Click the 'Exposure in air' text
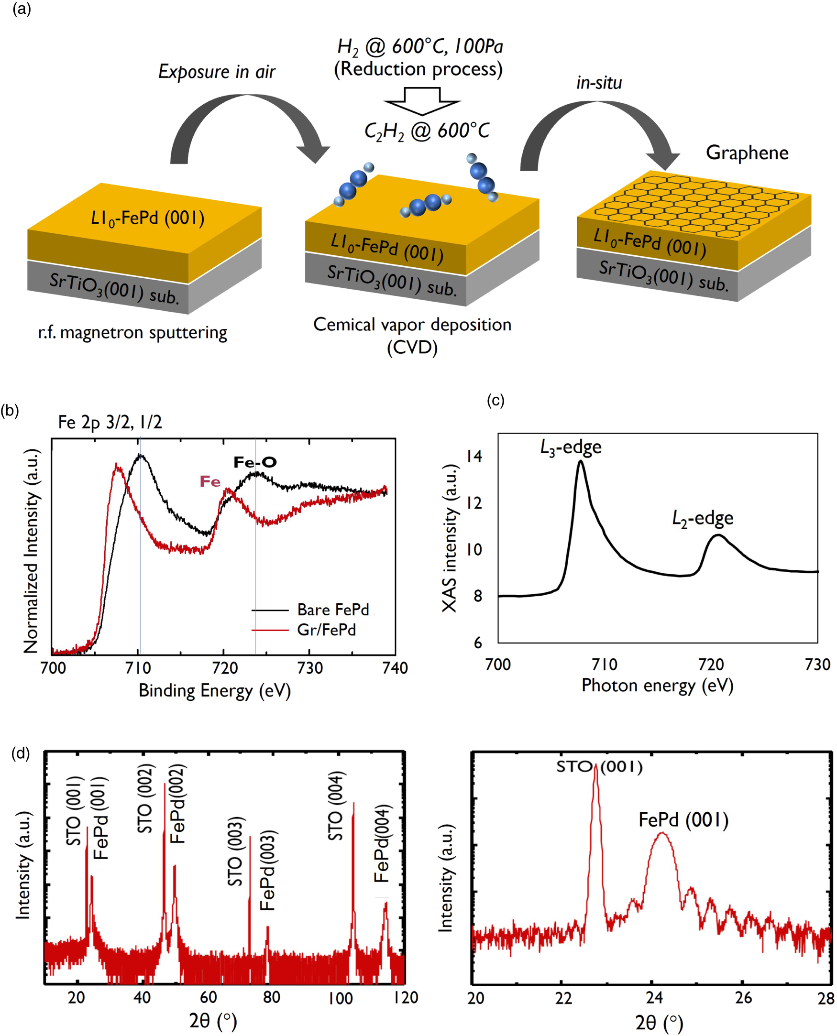pos(217,72)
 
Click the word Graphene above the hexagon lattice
pos(747,153)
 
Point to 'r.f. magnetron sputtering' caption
pos(132,333)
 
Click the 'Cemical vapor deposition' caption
pos(412,325)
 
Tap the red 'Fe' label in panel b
pos(210,481)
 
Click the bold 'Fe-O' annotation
pos(255,463)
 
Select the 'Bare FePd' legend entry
pos(333,610)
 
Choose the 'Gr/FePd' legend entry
pos(326,630)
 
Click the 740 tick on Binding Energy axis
pos(396,668)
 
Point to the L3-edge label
pos(571,447)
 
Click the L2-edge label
pos(703,519)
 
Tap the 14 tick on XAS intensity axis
pos(474,456)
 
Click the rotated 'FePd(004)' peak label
pos(381,844)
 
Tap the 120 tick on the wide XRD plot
pos(406,997)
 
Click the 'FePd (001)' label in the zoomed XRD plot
pos(683,819)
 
